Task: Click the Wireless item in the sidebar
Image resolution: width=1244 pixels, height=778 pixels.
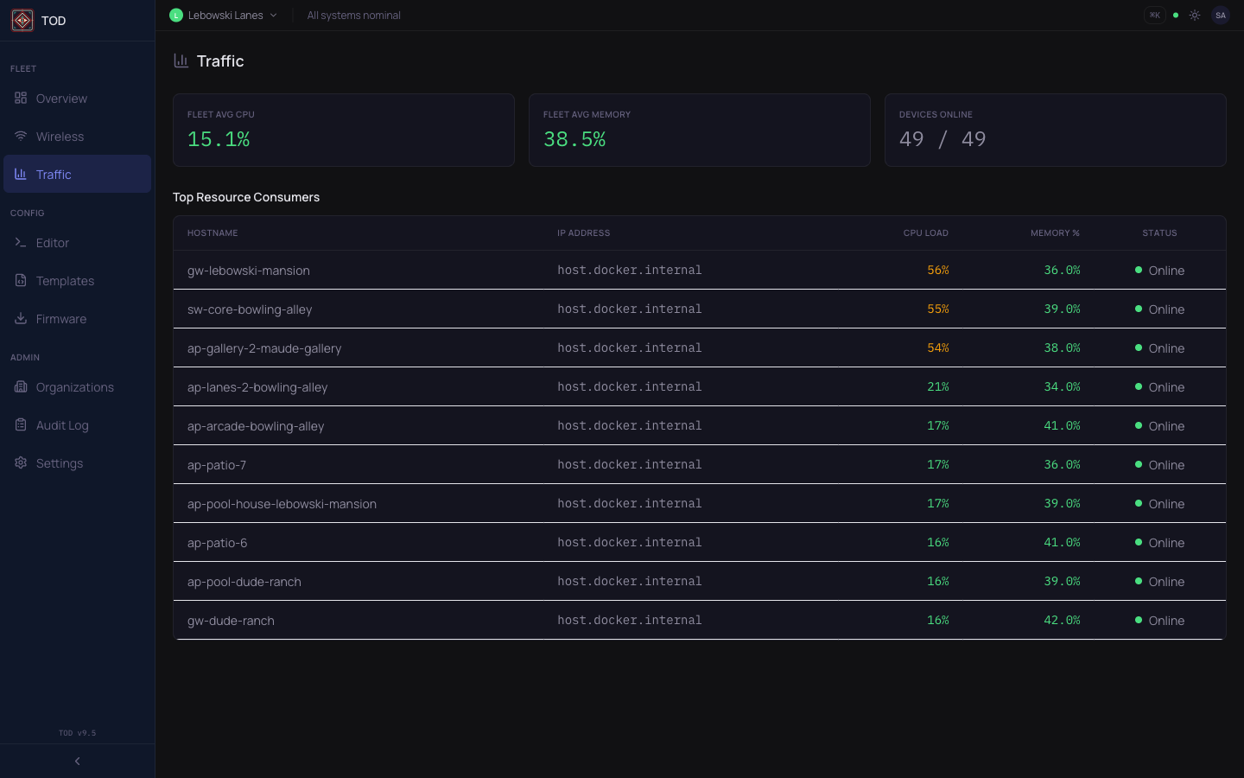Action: point(60,137)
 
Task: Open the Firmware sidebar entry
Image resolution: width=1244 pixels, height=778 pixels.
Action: point(60,319)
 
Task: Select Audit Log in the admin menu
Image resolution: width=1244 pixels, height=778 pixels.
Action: point(61,425)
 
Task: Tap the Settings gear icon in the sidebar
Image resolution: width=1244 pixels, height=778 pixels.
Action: point(21,463)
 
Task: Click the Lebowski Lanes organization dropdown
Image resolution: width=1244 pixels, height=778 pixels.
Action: point(225,16)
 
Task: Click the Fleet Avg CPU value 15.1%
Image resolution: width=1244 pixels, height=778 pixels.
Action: point(219,139)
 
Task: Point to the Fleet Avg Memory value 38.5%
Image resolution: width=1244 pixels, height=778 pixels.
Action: point(574,139)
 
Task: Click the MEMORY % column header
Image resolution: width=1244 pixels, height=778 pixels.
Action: point(1055,233)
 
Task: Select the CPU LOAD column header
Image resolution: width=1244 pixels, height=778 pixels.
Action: point(925,233)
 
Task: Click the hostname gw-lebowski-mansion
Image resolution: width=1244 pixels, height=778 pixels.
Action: point(249,271)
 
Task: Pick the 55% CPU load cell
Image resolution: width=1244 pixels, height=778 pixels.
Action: point(938,309)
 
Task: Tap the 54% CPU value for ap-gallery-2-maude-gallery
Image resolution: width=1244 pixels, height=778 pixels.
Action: point(938,348)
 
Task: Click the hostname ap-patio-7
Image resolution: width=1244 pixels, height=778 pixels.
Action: point(217,465)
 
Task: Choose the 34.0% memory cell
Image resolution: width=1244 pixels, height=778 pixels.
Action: point(1062,387)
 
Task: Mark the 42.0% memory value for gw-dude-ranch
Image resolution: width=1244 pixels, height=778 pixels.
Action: point(1062,621)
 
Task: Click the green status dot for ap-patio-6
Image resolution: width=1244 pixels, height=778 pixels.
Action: point(1139,542)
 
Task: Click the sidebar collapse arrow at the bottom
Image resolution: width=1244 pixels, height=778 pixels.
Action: point(78,762)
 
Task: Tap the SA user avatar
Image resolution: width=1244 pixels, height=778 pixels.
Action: point(1220,16)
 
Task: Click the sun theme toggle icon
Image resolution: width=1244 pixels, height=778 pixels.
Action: point(1195,16)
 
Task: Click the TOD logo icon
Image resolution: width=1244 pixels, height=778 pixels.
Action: point(22,21)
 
